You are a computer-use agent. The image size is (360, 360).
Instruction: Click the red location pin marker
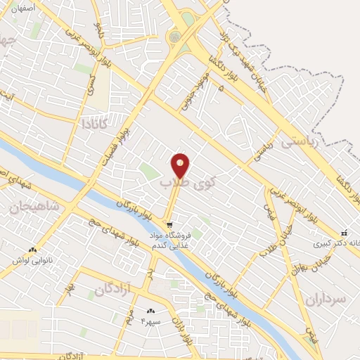pyautogui.click(x=181, y=166)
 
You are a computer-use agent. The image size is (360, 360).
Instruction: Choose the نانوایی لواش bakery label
pyautogui.click(x=32, y=261)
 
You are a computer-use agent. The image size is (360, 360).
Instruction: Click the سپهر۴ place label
pyautogui.click(x=152, y=321)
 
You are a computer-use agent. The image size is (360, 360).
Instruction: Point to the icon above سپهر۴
pyautogui.click(x=150, y=311)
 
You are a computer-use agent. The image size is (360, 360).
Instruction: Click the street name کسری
pyautogui.click(x=92, y=84)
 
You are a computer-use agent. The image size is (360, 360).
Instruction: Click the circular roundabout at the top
pyautogui.click(x=174, y=37)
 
